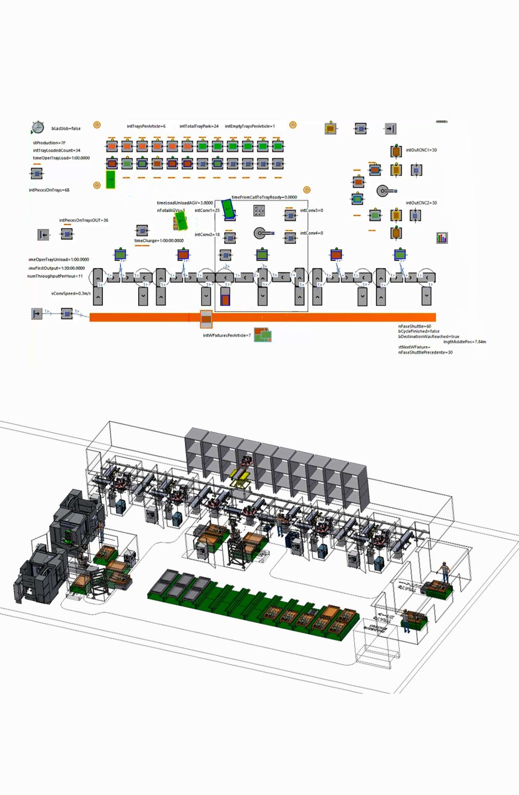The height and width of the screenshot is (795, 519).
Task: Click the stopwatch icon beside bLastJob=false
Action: click(37, 127)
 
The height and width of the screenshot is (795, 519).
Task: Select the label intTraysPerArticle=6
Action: click(146, 126)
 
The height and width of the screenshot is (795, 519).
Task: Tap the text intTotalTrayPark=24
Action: click(199, 126)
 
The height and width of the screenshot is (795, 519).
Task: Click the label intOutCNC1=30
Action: click(421, 150)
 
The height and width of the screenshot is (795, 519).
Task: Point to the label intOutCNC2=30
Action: click(421, 203)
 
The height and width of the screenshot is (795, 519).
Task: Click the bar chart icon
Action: click(442, 238)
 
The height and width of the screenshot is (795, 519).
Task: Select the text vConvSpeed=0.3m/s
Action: click(71, 293)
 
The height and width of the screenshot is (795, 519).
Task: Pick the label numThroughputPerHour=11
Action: click(55, 276)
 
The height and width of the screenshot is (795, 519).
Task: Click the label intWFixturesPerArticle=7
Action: click(227, 335)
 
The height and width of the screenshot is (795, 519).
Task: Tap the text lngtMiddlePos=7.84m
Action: click(464, 342)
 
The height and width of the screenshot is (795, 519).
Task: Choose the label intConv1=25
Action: click(207, 210)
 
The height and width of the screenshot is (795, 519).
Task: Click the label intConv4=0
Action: click(311, 233)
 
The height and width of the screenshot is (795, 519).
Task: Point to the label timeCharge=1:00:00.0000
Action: click(159, 240)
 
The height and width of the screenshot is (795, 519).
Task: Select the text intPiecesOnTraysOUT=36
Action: click(84, 220)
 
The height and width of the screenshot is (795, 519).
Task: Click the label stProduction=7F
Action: click(49, 143)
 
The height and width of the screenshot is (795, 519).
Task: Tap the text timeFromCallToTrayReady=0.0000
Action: click(264, 197)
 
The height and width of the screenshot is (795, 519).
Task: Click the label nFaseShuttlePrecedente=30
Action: click(425, 352)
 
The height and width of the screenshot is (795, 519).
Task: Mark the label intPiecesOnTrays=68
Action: click(49, 190)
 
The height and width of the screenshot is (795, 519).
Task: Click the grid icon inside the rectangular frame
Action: click(259, 211)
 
